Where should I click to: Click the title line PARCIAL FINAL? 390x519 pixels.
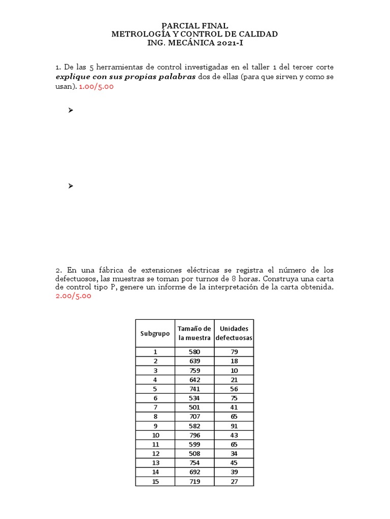tap(194, 25)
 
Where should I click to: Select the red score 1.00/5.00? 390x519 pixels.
tap(96, 87)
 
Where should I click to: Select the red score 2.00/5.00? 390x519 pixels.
tap(74, 296)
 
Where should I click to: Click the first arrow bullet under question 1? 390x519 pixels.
tap(71, 110)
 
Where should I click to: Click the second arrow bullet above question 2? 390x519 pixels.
tap(71, 186)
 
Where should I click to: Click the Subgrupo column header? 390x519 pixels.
tap(155, 333)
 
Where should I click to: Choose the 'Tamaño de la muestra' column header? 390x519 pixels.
tap(194, 333)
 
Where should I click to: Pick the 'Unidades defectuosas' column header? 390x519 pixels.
tap(234, 333)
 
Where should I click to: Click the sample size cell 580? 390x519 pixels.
tap(194, 352)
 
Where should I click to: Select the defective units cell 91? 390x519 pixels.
tap(234, 426)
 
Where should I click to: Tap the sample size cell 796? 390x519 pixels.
tap(194, 435)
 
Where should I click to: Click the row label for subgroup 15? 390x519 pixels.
tap(155, 481)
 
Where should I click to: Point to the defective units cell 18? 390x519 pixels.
tap(234, 361)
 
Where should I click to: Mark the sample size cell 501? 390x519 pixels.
tap(194, 407)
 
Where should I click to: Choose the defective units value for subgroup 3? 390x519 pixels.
tap(234, 370)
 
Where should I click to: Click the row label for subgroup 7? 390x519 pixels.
tap(155, 407)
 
